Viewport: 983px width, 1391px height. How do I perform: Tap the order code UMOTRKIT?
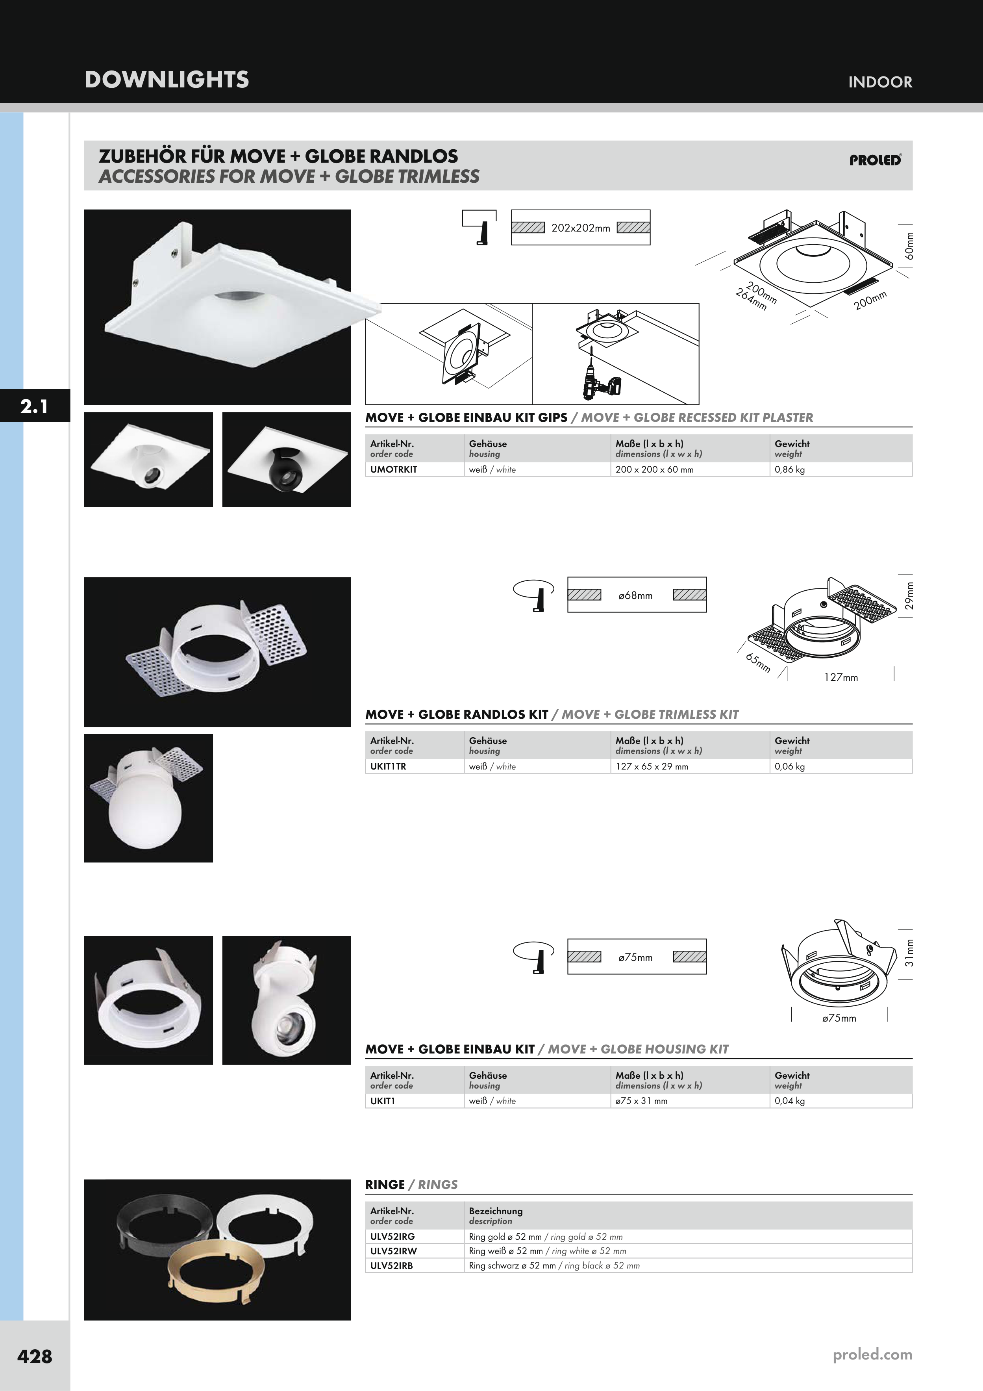click(x=394, y=469)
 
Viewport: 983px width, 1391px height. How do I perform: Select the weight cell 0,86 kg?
click(x=790, y=469)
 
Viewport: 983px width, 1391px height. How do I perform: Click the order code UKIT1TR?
click(x=388, y=766)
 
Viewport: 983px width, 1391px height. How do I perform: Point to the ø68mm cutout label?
click(x=635, y=595)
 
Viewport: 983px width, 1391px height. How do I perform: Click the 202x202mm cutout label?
click(x=580, y=228)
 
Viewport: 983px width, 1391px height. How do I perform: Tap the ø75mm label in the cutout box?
click(x=635, y=958)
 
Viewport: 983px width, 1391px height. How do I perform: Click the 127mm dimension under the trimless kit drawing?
click(x=840, y=677)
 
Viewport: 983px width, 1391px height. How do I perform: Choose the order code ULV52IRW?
click(x=394, y=1251)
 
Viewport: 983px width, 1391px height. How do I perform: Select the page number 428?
click(x=35, y=1356)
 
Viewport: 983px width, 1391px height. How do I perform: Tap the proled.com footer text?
click(x=872, y=1355)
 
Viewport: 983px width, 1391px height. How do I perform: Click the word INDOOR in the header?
click(x=880, y=82)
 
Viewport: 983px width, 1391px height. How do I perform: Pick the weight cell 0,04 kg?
click(x=790, y=1101)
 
